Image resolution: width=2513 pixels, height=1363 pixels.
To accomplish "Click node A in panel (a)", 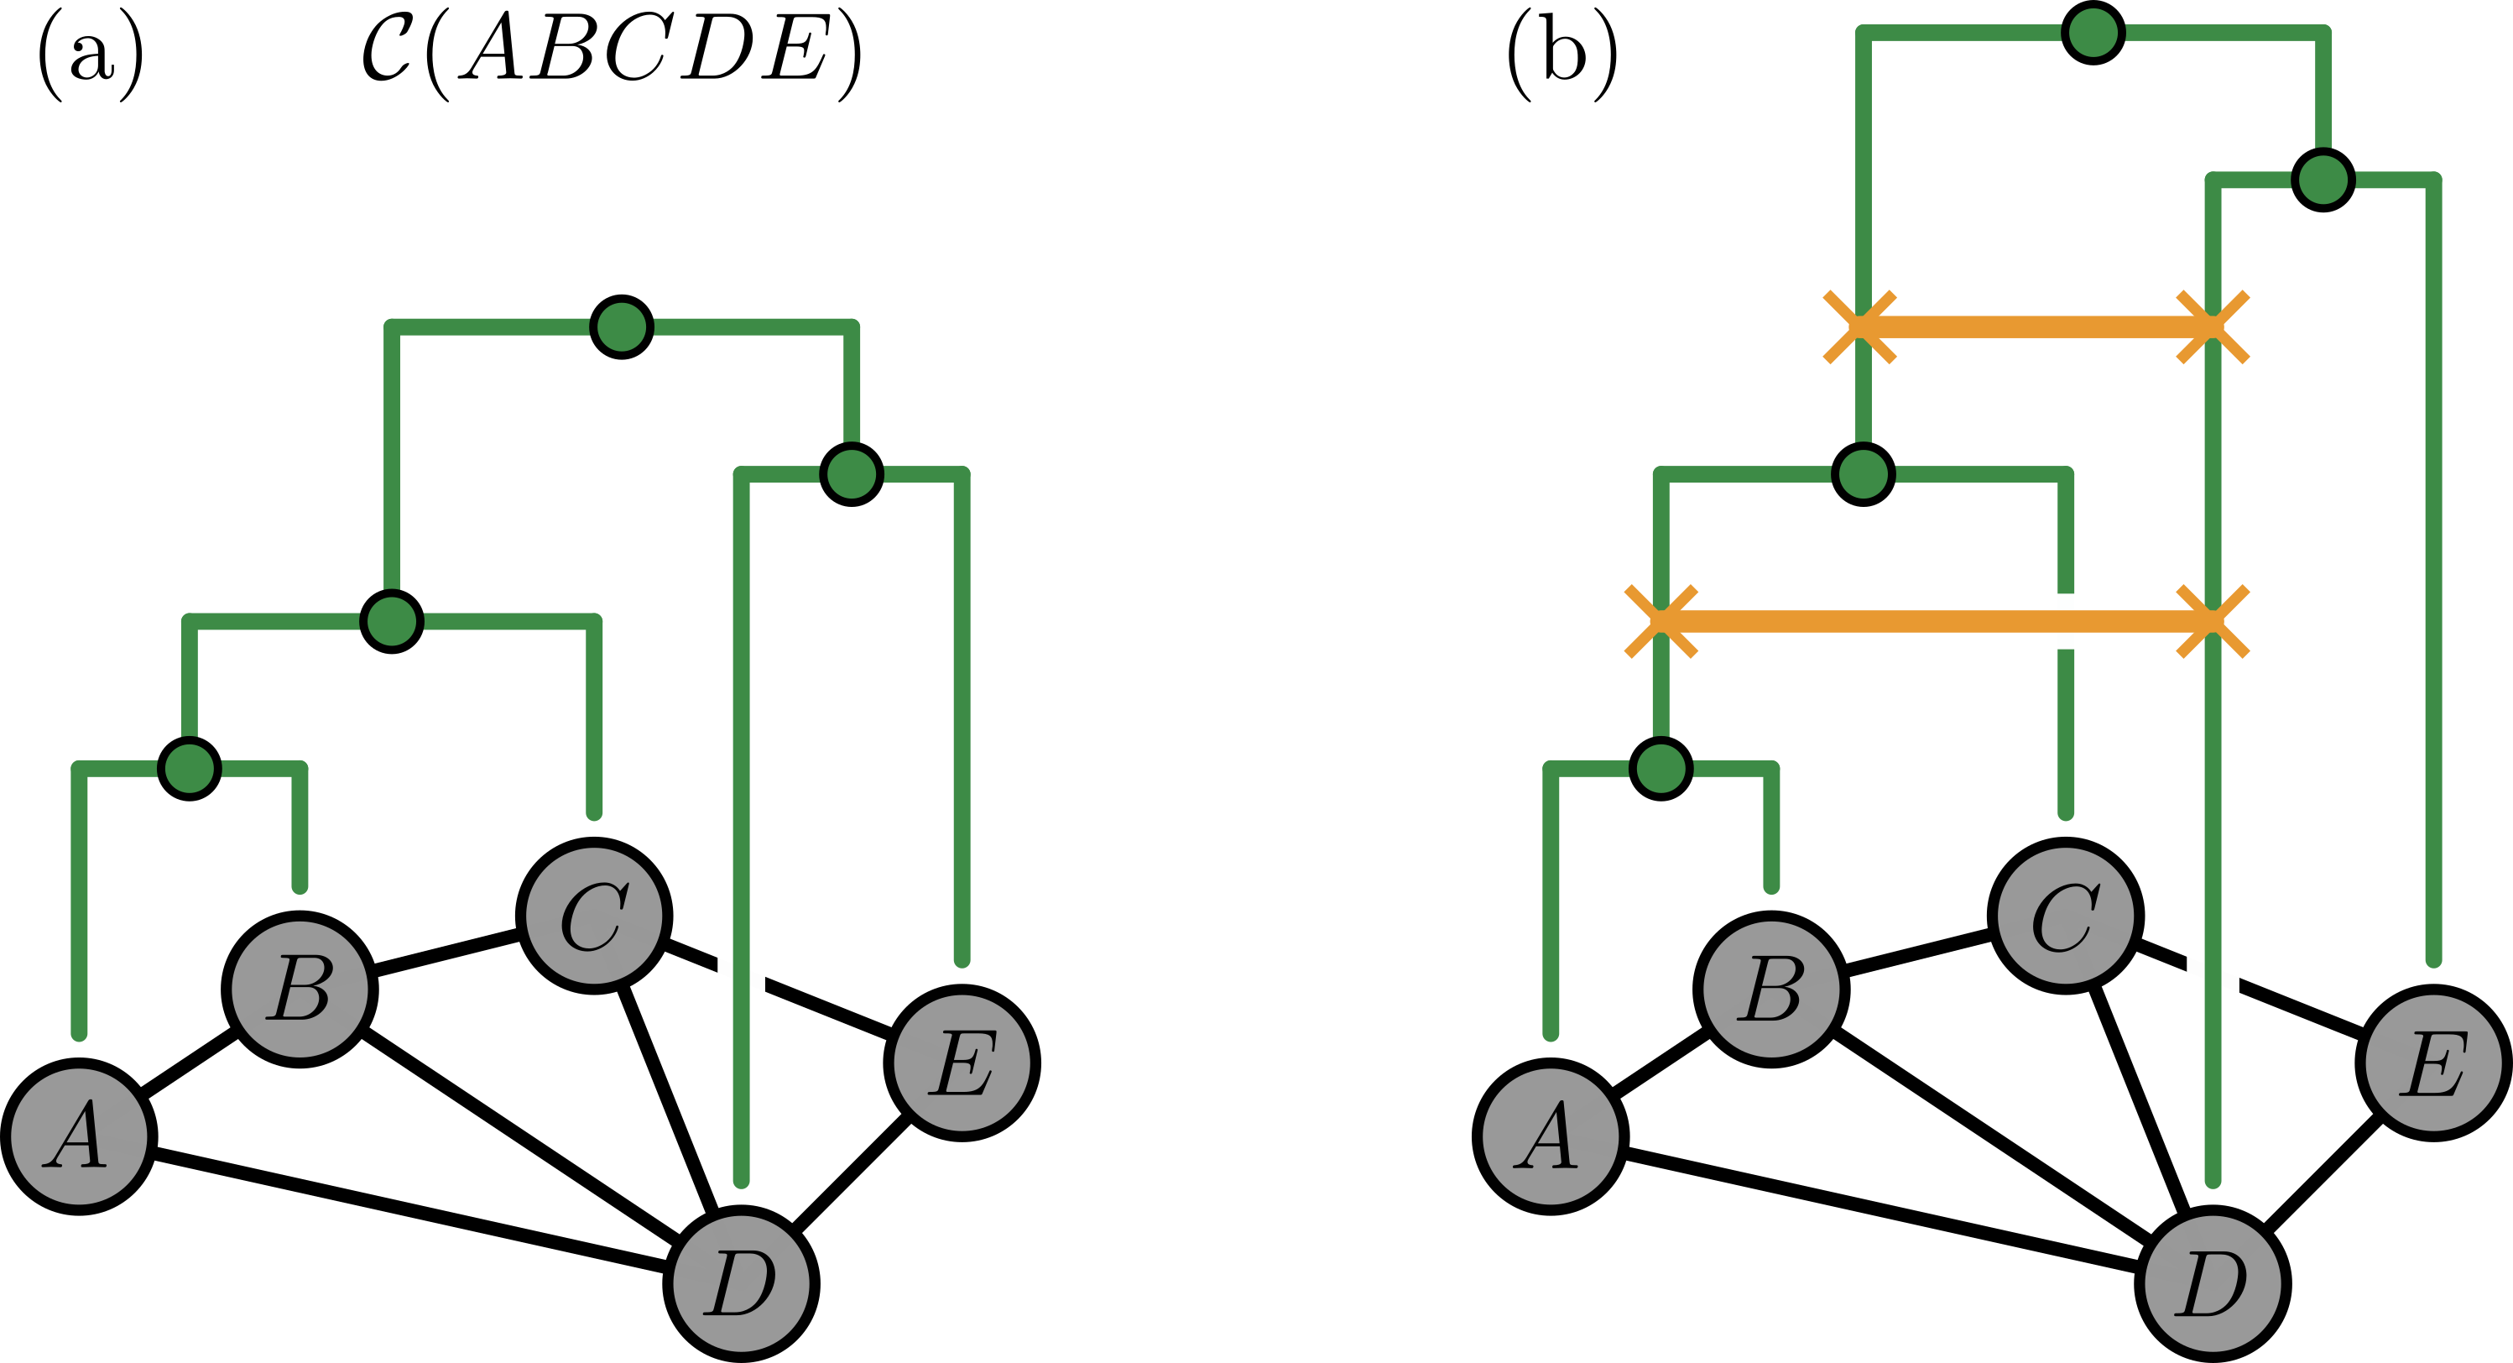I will tap(79, 1136).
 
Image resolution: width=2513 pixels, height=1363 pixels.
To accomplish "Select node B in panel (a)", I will tap(300, 990).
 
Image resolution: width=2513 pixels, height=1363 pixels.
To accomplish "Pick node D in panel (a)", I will tap(742, 1283).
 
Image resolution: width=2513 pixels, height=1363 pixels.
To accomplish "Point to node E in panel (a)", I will tap(962, 1063).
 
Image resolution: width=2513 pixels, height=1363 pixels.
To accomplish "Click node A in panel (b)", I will tap(1550, 1136).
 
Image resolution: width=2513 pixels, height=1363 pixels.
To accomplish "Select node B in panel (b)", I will tap(1770, 990).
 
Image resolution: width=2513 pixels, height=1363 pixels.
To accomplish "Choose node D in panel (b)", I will tap(2213, 1283).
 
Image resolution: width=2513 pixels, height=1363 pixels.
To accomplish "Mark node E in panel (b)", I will tap(2433, 1063).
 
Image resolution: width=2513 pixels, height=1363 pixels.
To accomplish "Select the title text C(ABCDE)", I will tap(613, 54).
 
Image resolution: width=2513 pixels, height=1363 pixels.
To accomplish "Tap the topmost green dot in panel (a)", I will tap(622, 326).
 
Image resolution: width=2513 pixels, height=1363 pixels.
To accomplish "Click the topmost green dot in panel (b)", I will tap(2093, 32).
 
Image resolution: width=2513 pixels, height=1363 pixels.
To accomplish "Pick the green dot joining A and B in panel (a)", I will tap(190, 768).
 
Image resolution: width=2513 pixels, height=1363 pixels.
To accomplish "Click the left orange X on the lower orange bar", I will tap(1661, 622).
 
